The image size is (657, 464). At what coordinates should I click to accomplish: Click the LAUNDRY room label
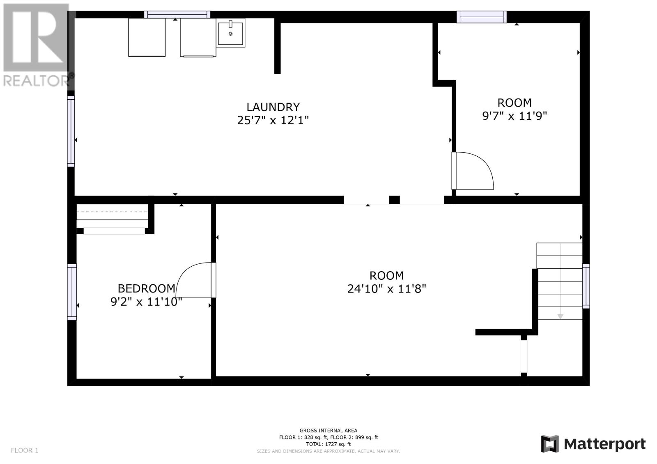tap(273, 107)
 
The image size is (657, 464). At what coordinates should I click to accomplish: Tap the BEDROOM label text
tap(146, 289)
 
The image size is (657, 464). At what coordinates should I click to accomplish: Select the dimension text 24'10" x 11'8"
tap(386, 289)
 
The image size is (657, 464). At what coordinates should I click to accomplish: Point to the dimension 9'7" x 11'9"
tap(515, 116)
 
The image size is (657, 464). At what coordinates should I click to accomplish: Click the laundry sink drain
tap(230, 34)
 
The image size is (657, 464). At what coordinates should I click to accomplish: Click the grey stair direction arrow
tap(560, 317)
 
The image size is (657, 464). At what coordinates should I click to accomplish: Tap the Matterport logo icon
tap(550, 444)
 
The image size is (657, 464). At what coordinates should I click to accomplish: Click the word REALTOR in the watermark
tap(36, 81)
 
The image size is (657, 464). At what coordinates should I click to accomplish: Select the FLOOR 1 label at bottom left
tap(25, 450)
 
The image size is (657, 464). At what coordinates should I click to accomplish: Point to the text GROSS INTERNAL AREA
tap(328, 431)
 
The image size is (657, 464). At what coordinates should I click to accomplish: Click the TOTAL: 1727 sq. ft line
tap(328, 444)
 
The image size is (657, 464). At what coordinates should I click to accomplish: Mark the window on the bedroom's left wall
tap(72, 292)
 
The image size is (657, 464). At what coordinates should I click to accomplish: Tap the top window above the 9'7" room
tap(482, 17)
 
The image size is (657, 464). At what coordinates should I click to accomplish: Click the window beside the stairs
tap(586, 286)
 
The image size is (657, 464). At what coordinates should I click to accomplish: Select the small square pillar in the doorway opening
tap(395, 200)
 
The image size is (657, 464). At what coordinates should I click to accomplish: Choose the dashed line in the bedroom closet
tap(112, 212)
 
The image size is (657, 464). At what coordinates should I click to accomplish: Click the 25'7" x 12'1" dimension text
tap(273, 120)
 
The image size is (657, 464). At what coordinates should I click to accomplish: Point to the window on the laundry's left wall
tap(71, 131)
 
